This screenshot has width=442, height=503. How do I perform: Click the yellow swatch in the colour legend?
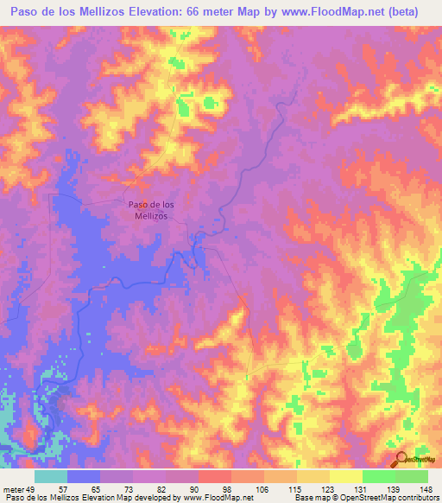click(313, 476)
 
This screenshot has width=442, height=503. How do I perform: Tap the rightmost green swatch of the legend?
click(412, 476)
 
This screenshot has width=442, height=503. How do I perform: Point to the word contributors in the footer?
click(414, 498)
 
